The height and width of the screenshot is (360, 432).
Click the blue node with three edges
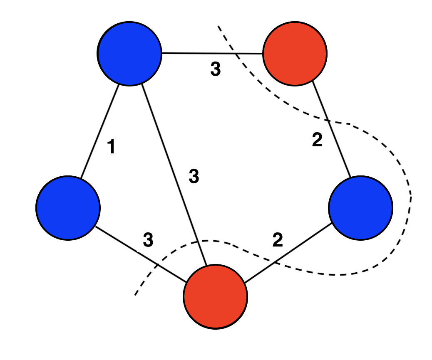coord(129,54)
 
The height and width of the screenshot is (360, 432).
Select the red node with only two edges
coord(295,54)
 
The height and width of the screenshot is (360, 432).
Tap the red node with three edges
coord(216,297)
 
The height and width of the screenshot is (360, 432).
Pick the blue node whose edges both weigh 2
coord(360,207)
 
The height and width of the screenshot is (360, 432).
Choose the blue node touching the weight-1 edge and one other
coord(68,207)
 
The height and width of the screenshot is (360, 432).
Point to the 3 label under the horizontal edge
coord(215,69)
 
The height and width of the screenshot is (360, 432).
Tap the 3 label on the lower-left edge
coord(148,239)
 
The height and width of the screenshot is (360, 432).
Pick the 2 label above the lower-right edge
coord(278,240)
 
